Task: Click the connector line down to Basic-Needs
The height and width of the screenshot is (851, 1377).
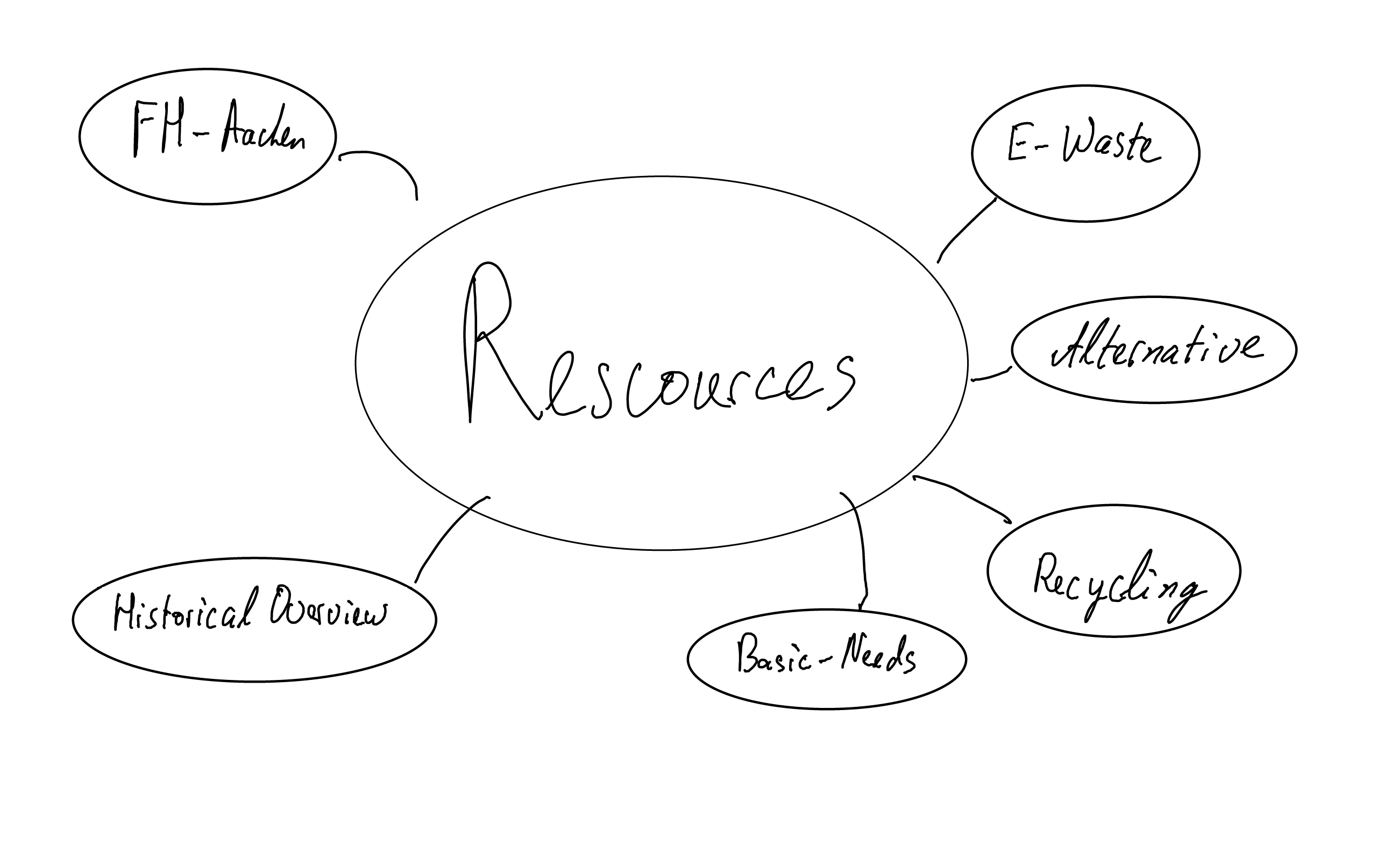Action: click(861, 551)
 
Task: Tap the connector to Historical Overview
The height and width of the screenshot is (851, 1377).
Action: click(448, 535)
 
